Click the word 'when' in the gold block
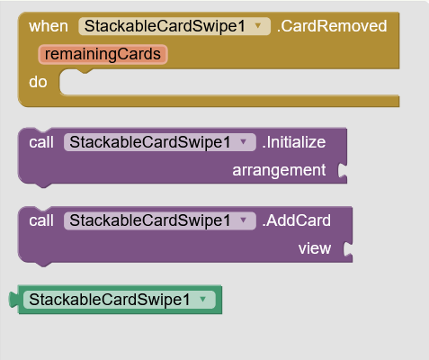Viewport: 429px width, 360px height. tap(49, 26)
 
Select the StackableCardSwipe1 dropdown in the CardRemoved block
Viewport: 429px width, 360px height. tap(174, 26)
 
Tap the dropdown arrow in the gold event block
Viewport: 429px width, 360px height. tap(258, 26)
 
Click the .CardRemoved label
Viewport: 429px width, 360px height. tap(332, 26)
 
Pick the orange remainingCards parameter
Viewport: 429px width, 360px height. tap(103, 54)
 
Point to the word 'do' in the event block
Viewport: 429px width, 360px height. tap(38, 82)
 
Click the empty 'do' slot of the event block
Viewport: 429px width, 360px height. tap(229, 82)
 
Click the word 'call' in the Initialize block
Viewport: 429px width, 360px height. tap(41, 142)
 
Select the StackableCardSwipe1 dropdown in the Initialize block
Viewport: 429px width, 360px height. tap(160, 142)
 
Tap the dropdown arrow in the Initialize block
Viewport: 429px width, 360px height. tap(243, 142)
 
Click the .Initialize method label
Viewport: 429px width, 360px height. tap(294, 142)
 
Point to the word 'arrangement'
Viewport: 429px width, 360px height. tap(279, 170)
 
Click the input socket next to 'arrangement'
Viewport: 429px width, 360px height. tap(343, 170)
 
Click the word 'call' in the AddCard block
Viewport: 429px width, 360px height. tap(41, 220)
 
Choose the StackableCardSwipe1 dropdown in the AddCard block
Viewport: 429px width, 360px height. tap(160, 220)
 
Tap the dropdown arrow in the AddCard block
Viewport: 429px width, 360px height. tap(243, 220)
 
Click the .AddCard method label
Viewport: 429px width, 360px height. tap(297, 220)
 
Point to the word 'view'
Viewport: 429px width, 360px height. tap(315, 248)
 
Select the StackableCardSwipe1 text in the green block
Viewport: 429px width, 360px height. tap(110, 300)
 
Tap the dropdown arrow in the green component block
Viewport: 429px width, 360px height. tap(203, 299)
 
